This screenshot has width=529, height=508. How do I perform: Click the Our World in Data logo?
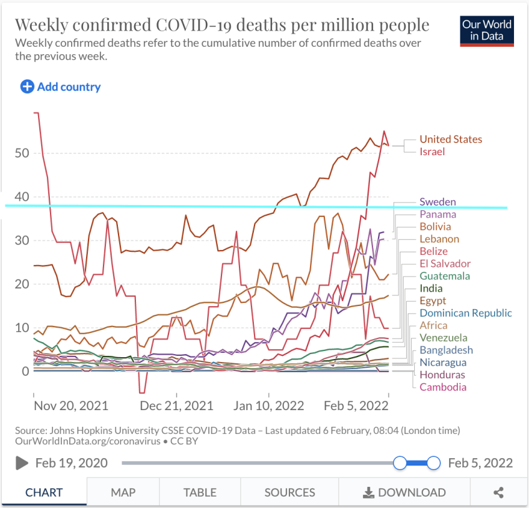click(x=487, y=31)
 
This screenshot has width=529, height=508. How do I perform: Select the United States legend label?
click(x=450, y=139)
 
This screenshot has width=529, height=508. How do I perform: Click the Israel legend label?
click(x=432, y=151)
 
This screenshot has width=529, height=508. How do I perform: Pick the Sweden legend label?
click(x=438, y=202)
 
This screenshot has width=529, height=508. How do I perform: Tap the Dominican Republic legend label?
click(x=465, y=313)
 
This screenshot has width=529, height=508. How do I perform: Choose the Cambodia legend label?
click(x=443, y=387)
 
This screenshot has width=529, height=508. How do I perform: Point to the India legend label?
click(x=431, y=288)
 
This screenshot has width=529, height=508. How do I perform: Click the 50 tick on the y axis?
click(x=21, y=153)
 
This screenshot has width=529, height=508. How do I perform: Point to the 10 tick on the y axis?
click(x=21, y=328)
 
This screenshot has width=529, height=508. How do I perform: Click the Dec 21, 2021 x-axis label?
click(x=177, y=406)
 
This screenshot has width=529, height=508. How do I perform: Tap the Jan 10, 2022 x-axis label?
click(x=269, y=406)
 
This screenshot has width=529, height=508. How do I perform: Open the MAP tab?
click(x=123, y=492)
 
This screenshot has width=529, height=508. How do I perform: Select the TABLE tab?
click(x=200, y=492)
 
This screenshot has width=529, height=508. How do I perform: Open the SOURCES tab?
click(x=289, y=492)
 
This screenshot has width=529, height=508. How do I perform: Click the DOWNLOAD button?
click(x=404, y=492)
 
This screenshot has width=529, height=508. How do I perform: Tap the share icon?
click(x=498, y=492)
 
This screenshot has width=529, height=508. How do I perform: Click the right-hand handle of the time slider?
click(x=434, y=462)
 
